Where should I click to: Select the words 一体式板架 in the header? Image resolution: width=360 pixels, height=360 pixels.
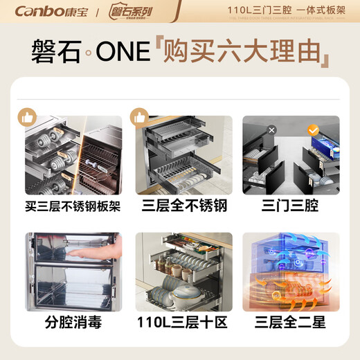tap(325, 10)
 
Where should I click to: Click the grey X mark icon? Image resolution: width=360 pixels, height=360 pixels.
tap(253, 129)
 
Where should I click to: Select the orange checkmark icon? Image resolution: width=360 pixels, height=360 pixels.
tap(312, 129)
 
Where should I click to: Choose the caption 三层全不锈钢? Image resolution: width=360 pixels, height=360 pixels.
tap(180, 206)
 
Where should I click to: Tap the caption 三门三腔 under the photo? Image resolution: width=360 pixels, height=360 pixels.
tap(291, 206)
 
